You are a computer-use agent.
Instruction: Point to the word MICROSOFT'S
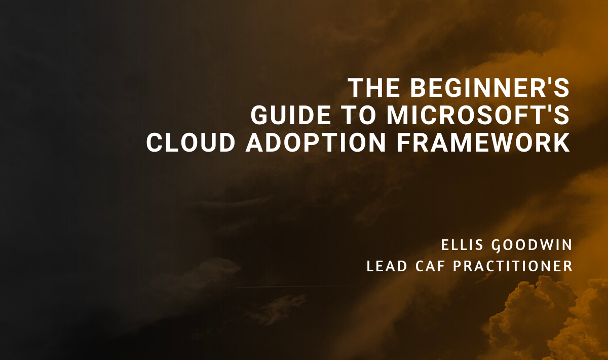pyautogui.click(x=478, y=116)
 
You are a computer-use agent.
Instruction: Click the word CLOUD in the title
pyautogui.click(x=191, y=143)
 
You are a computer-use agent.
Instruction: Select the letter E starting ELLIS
pyautogui.click(x=445, y=245)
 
